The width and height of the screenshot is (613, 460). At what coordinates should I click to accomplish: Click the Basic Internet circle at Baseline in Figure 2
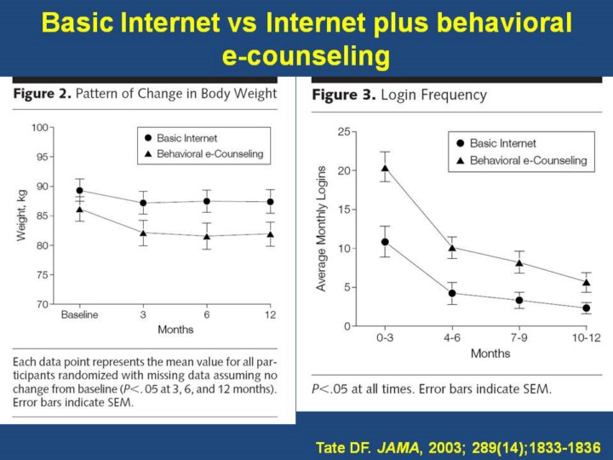click(79, 191)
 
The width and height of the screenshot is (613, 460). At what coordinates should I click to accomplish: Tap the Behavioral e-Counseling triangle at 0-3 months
click(385, 168)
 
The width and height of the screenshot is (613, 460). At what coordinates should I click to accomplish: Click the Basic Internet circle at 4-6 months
click(452, 293)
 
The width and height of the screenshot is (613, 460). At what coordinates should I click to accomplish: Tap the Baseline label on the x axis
click(79, 314)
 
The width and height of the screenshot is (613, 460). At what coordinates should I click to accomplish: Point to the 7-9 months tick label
click(518, 337)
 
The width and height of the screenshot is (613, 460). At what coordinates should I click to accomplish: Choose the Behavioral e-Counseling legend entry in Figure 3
click(528, 160)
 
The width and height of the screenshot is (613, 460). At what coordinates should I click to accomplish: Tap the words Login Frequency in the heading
click(434, 95)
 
